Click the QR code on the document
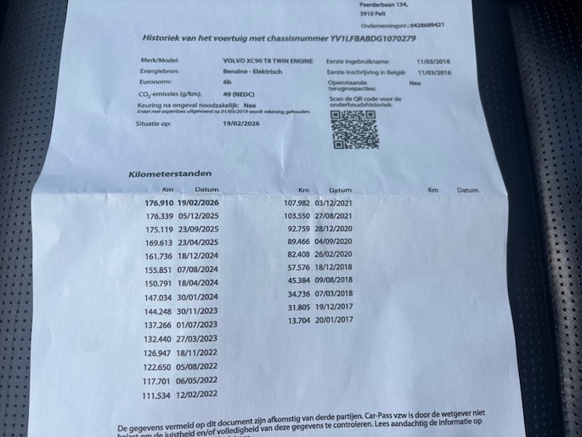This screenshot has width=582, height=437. (x=353, y=129)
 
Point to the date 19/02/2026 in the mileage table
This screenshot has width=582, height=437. (x=198, y=204)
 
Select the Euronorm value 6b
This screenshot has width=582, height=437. (x=225, y=85)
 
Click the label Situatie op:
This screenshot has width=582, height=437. (x=155, y=123)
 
